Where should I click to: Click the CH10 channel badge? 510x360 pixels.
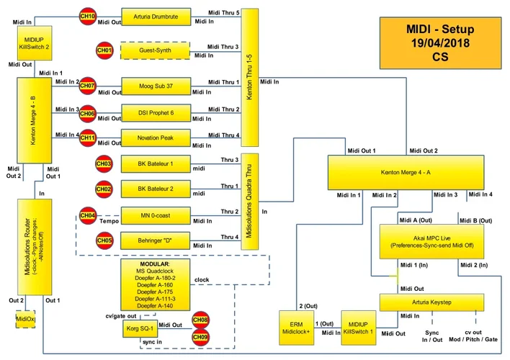coord(87,15)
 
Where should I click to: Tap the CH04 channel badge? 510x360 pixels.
coord(87,215)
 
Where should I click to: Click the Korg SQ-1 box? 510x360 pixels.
coord(141,329)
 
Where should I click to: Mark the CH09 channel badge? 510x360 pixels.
coord(200,336)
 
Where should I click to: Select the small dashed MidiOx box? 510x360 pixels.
coord(26,318)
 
